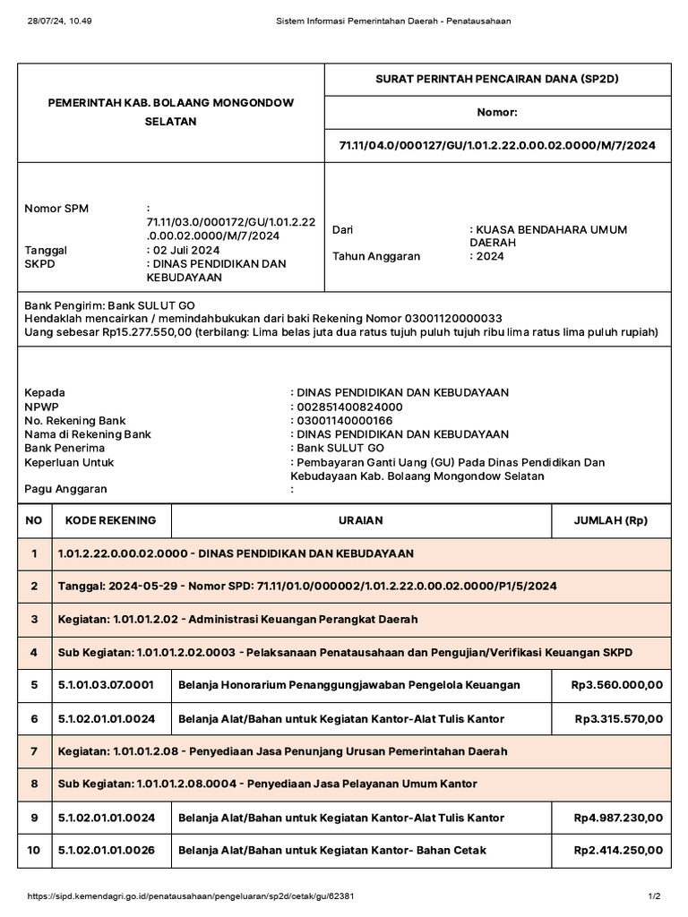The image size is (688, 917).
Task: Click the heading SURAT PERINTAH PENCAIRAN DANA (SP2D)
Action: (x=497, y=79)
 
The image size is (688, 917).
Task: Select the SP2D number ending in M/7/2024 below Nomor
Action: (x=497, y=145)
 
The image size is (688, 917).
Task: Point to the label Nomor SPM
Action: (x=56, y=209)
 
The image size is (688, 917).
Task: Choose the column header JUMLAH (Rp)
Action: (x=611, y=520)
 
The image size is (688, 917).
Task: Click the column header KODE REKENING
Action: (x=105, y=520)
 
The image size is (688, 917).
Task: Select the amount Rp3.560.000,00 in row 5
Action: (x=617, y=685)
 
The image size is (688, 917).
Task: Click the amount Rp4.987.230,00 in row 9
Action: (x=617, y=818)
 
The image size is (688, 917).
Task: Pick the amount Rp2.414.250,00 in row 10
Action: (x=617, y=850)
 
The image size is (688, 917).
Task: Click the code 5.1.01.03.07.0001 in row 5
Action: (x=106, y=685)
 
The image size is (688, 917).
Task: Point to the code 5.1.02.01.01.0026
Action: (x=106, y=850)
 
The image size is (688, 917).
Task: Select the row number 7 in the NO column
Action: (x=34, y=750)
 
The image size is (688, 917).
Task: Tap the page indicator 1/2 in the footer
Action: (x=654, y=896)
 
